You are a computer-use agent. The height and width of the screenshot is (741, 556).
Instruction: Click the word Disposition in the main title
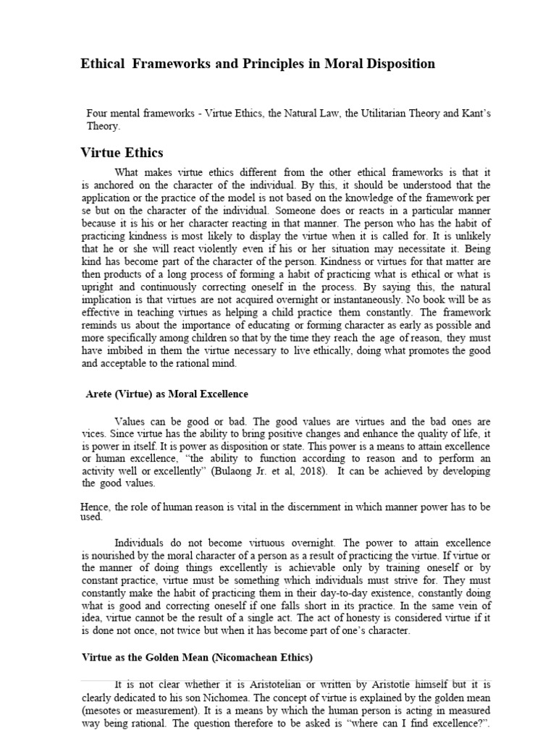(397, 64)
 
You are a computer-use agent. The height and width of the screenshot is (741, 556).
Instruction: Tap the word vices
(91, 434)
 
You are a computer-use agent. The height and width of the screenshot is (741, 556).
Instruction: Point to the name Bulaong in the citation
(306, 471)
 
